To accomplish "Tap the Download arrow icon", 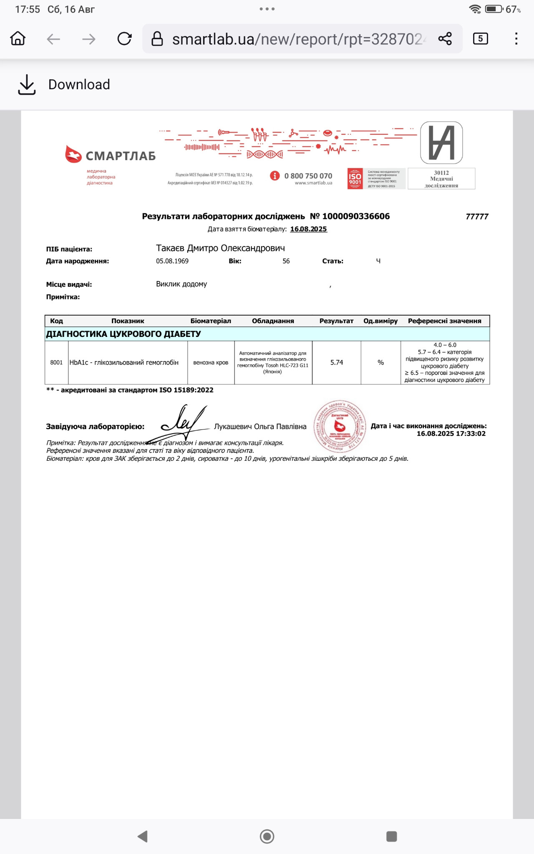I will [27, 85].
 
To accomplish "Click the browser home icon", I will [18, 39].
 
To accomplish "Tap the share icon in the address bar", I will [445, 39].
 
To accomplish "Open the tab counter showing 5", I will [480, 39].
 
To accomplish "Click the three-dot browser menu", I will [516, 39].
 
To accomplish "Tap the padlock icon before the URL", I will [157, 39].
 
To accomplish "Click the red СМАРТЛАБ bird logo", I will [73, 154].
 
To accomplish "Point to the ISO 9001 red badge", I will [355, 179].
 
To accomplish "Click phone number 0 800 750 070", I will [308, 176].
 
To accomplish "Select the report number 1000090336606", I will [356, 216].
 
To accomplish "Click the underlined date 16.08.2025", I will [308, 229].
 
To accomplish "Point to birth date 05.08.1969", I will [172, 261].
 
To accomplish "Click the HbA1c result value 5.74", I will [337, 362].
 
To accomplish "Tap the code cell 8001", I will [56, 362].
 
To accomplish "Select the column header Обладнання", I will [273, 321].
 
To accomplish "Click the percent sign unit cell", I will [380, 362].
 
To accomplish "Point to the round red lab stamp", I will [340, 426].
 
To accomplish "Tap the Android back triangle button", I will [143, 836].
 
